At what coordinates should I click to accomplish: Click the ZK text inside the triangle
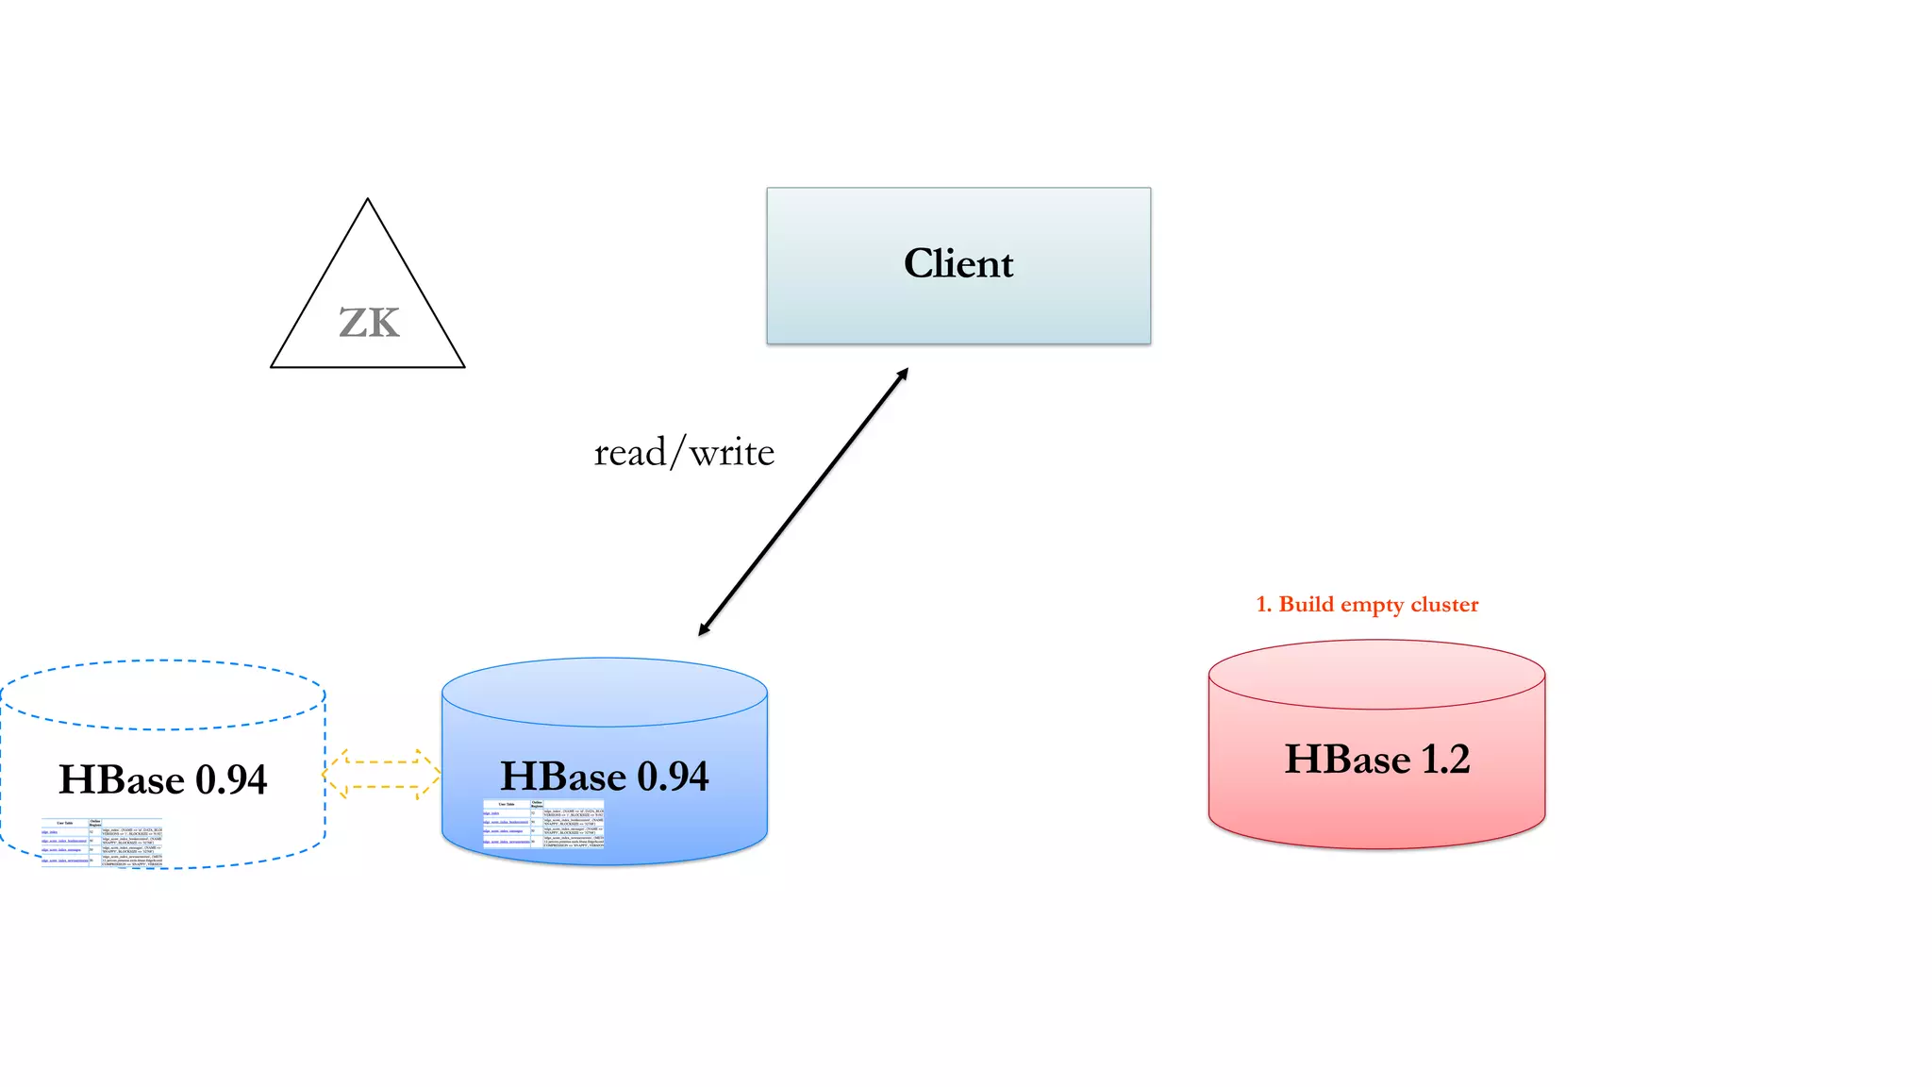(369, 324)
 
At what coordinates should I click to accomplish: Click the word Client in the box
(958, 263)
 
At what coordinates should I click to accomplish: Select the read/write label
(684, 453)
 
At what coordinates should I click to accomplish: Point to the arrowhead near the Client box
(903, 374)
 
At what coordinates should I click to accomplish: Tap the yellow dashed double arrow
(381, 774)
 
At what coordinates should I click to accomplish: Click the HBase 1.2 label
(1376, 760)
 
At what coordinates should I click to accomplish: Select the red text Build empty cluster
(1377, 605)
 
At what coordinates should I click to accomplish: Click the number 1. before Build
(1264, 605)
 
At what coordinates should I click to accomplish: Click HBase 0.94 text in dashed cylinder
(162, 780)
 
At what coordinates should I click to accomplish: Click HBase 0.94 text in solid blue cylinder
(604, 777)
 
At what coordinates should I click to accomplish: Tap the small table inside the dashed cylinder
(102, 842)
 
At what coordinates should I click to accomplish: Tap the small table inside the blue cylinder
(543, 825)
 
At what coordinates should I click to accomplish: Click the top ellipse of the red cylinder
(1376, 675)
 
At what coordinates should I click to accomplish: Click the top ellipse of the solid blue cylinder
(604, 693)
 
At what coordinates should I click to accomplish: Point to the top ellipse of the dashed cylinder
(162, 695)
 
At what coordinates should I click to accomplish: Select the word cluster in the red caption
(1444, 605)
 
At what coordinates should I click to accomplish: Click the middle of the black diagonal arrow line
(803, 502)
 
